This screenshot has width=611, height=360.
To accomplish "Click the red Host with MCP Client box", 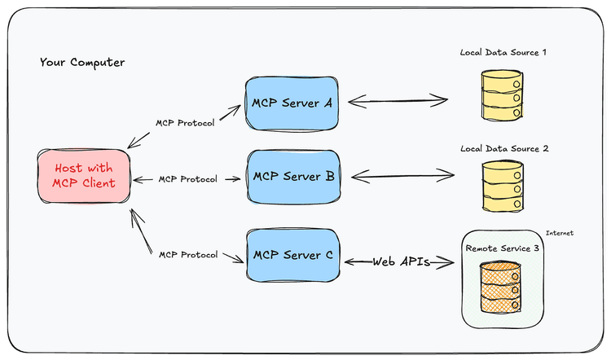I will tap(85, 175).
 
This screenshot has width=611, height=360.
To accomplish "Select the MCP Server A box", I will tap(292, 102).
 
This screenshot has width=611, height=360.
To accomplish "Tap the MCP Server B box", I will tap(292, 176).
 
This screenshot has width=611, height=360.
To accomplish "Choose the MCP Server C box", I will tap(292, 255).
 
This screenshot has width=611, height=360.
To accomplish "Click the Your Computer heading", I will tap(82, 63).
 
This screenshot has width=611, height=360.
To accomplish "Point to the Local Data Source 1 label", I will tap(503, 52).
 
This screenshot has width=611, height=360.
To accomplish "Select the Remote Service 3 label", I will tap(502, 248).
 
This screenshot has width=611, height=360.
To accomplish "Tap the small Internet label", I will tap(559, 233).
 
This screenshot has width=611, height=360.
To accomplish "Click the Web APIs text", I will tap(401, 261).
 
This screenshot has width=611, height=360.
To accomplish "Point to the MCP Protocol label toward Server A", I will tap(185, 124).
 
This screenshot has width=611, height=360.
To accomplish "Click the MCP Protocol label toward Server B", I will tap(187, 178).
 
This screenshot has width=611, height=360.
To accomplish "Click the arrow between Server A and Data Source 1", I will tap(399, 102).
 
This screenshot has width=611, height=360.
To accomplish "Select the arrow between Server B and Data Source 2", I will tap(401, 173).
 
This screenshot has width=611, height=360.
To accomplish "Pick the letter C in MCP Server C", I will tap(328, 255).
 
